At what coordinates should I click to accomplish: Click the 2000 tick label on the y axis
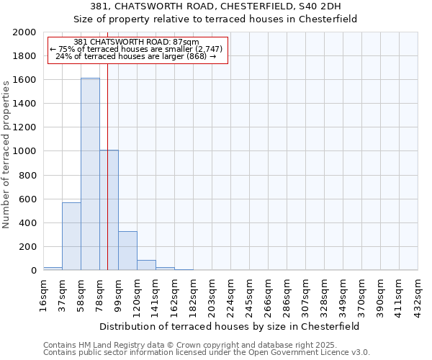click(x=24, y=32)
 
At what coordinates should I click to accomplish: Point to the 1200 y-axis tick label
click(x=24, y=127)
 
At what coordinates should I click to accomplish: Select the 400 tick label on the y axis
click(x=27, y=223)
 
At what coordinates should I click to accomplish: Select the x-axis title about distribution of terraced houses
click(x=230, y=326)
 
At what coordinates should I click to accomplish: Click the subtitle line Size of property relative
click(x=216, y=19)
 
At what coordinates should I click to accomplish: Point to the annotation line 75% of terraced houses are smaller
click(x=137, y=49)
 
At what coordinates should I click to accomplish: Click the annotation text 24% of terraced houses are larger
click(x=135, y=56)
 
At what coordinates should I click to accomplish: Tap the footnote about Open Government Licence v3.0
click(x=207, y=353)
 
